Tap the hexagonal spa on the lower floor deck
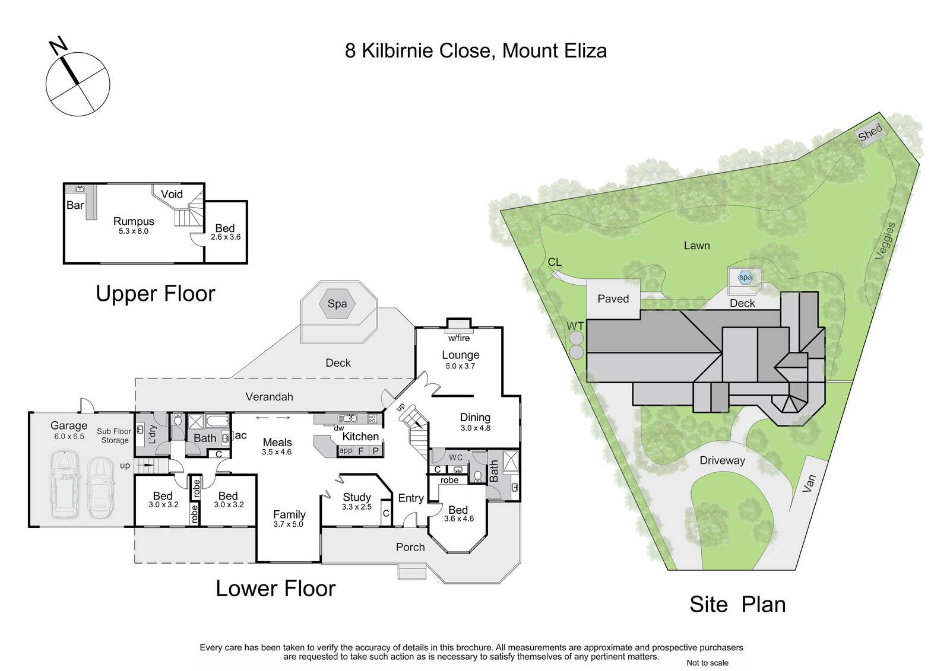coord(338,304)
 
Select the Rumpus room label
coord(134,221)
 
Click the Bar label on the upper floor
coord(75,205)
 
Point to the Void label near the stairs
coord(172,194)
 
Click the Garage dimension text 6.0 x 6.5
coord(69,436)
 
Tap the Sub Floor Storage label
coord(114,435)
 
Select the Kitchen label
coord(360,436)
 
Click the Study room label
coord(357,497)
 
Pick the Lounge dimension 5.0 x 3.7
coord(460,366)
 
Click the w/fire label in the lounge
coord(459,338)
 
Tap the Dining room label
coord(475,418)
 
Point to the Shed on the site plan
coord(870,133)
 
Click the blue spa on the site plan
coord(745,278)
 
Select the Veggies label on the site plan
coord(885,241)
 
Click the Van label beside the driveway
coord(809,483)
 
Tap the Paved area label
coord(613,299)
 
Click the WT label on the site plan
coord(575,326)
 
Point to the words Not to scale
coord(707,663)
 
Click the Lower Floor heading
coord(275,589)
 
